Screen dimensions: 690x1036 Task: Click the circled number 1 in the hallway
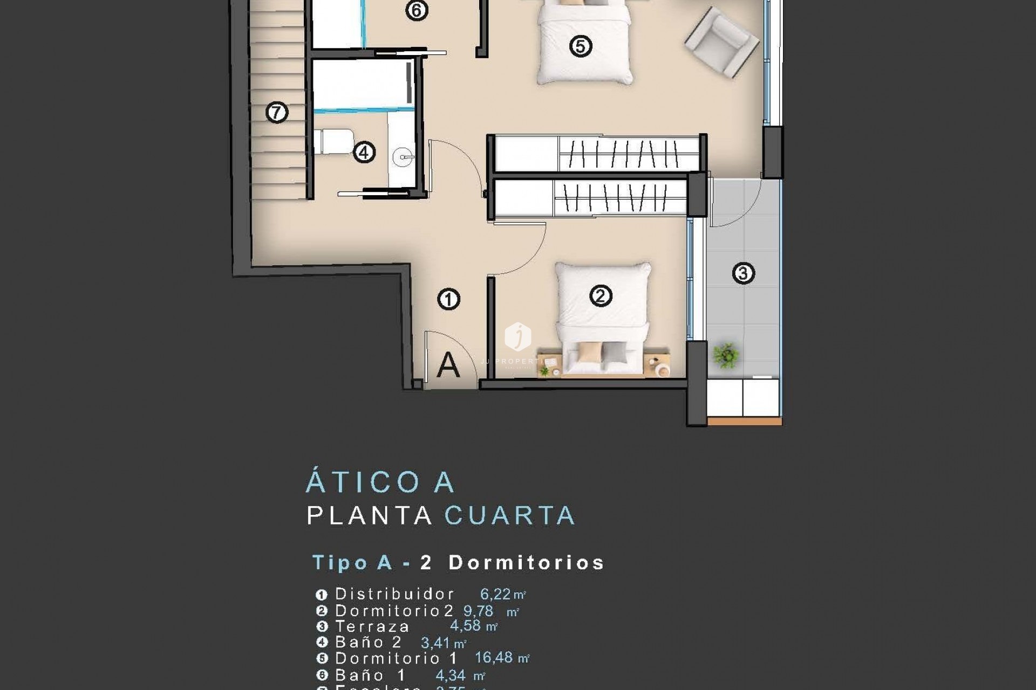point(448,299)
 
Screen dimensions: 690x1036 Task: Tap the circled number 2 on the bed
point(601,295)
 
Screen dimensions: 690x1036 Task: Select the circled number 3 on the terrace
point(743,273)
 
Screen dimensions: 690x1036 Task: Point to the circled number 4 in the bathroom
point(364,153)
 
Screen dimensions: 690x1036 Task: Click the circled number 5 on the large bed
point(581,46)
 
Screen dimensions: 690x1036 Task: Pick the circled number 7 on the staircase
point(277,113)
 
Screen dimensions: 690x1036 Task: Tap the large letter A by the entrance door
point(448,365)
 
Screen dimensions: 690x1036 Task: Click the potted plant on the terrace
point(725,355)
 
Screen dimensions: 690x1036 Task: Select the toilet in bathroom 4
point(334,142)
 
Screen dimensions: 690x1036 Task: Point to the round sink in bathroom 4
point(403,158)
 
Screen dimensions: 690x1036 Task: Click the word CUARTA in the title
point(510,516)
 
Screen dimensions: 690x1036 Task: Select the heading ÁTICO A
point(380,482)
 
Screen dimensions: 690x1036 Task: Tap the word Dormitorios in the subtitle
point(526,563)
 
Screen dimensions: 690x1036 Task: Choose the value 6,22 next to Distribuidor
point(495,594)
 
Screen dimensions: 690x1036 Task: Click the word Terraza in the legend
point(372,626)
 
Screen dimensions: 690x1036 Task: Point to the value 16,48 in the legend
point(494,658)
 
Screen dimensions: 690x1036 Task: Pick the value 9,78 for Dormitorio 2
point(478,611)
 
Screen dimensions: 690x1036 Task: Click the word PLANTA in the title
point(370,516)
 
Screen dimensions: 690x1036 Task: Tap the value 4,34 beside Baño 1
point(451,675)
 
